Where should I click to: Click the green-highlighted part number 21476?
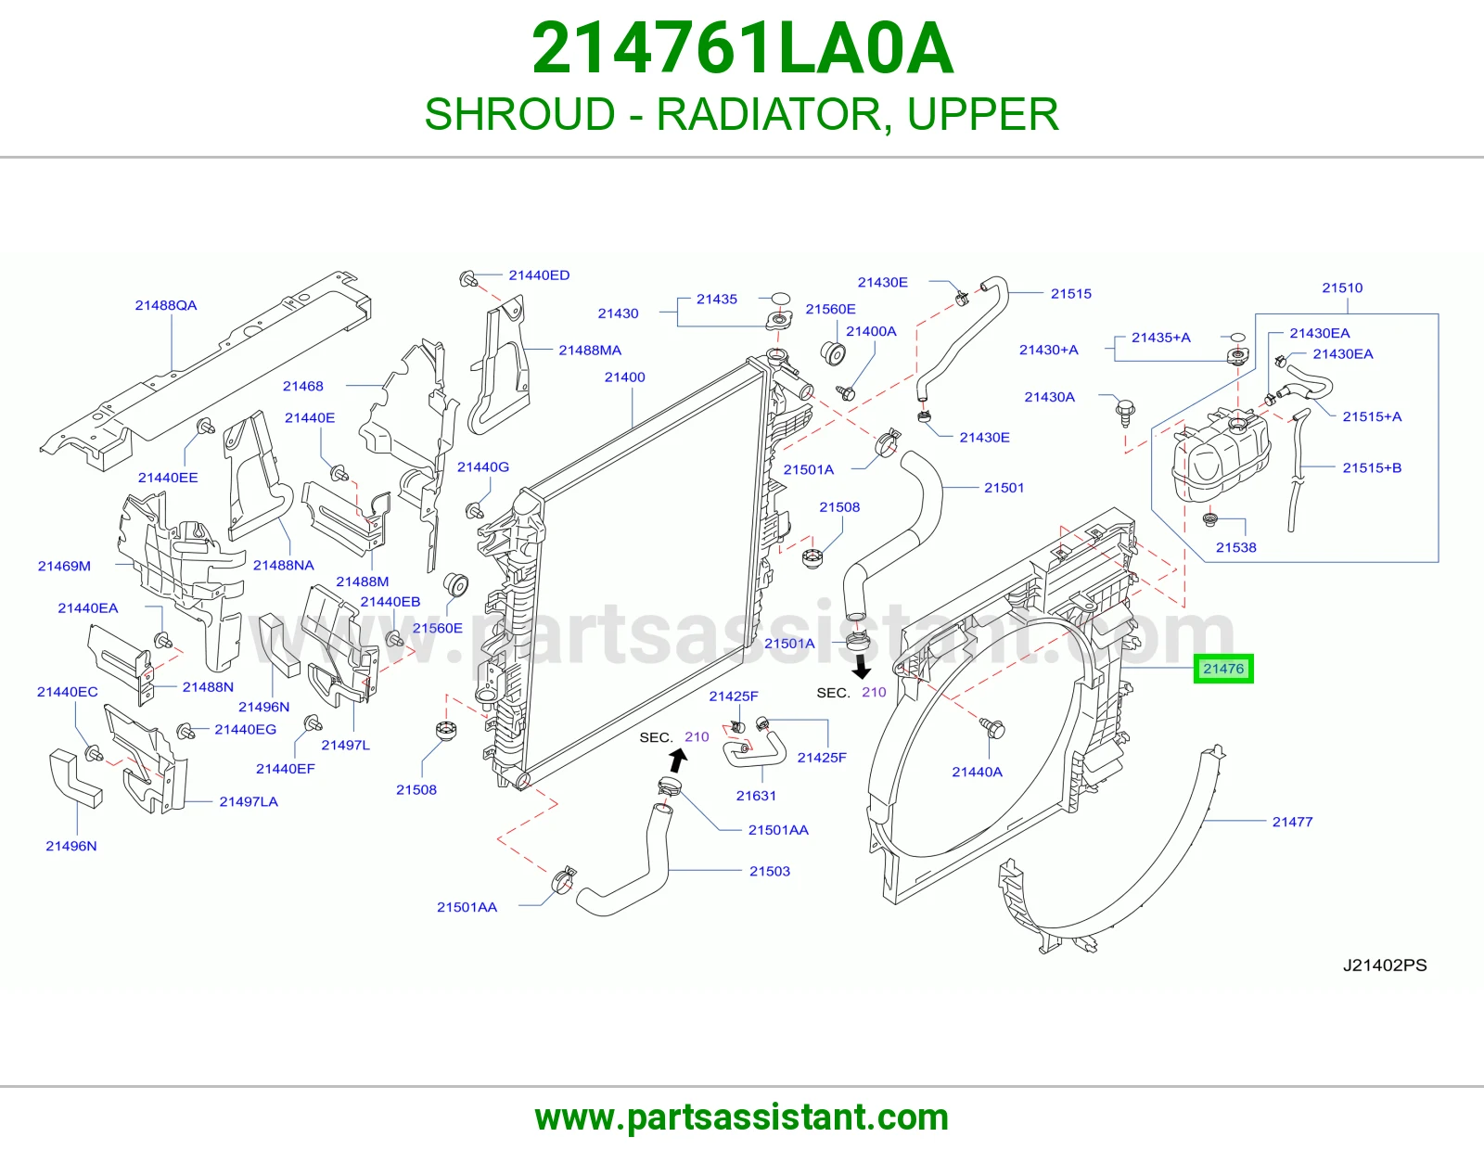click(x=1223, y=669)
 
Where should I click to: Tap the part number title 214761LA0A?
click(x=742, y=48)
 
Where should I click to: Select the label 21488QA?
click(x=166, y=305)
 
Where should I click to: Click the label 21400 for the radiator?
click(x=625, y=377)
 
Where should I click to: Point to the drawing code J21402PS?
click(x=1385, y=965)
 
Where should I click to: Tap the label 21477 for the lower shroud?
click(x=1292, y=822)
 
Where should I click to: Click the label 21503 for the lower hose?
click(x=770, y=872)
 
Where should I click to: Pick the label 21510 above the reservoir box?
click(x=1342, y=287)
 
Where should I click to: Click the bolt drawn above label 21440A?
click(x=992, y=728)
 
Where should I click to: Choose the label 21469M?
click(x=64, y=566)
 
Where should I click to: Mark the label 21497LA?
click(x=249, y=801)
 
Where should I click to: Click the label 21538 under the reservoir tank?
click(x=1236, y=547)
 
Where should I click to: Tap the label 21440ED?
click(x=539, y=275)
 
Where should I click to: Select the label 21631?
click(x=756, y=796)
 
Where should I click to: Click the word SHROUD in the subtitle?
click(x=519, y=114)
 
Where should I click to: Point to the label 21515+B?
click(x=1372, y=467)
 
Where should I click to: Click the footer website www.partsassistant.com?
click(x=742, y=1118)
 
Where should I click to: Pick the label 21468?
click(x=303, y=386)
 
